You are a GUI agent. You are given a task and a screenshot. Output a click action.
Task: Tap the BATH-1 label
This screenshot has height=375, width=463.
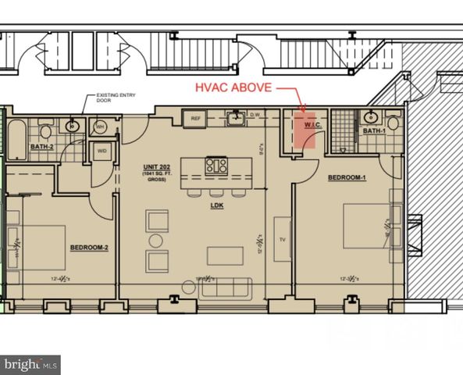point(374,131)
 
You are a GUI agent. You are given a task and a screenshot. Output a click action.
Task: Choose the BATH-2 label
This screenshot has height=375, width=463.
point(41,146)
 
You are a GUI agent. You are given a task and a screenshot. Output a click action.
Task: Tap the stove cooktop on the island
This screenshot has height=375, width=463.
point(216,165)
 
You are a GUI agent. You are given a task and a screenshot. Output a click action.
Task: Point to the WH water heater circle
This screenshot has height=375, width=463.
point(101,126)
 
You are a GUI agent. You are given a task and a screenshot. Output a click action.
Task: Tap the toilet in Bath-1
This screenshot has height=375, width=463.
point(392,123)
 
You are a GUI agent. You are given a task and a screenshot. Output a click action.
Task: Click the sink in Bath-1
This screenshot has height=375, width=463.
point(369,118)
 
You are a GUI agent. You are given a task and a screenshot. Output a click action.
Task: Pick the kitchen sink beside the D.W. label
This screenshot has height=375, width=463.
point(234,120)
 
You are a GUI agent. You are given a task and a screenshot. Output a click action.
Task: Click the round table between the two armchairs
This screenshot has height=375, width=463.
point(157,241)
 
